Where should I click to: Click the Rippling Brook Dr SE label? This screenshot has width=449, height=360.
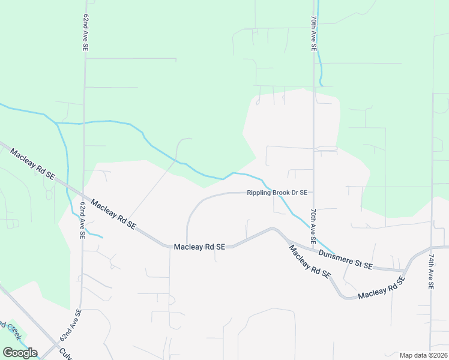[277, 193]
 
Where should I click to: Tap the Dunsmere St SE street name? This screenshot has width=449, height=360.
[345, 259]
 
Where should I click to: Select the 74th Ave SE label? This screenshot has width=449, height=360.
[431, 271]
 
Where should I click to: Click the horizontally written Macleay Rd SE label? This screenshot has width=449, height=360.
[199, 247]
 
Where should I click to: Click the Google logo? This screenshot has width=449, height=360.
[20, 353]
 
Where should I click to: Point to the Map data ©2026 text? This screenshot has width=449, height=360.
[423, 355]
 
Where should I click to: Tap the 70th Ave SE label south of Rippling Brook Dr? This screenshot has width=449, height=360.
[313, 223]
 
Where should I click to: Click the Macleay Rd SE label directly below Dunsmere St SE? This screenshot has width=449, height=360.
[309, 261]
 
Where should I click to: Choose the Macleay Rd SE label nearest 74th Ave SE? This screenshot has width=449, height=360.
[380, 291]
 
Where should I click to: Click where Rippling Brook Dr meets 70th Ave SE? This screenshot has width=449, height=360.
[313, 193]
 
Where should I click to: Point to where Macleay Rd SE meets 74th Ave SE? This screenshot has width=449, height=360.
[431, 247]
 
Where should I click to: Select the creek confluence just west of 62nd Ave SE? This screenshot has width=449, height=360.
[56, 123]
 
